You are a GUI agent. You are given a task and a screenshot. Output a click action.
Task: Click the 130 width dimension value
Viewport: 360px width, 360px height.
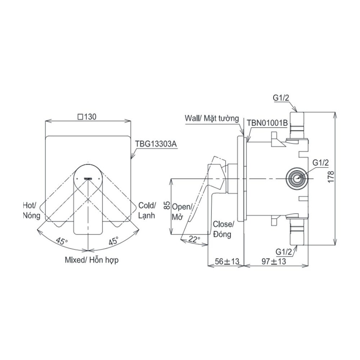pyautogui.click(x=87, y=117)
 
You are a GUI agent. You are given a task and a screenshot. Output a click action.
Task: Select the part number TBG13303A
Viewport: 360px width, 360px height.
pyautogui.click(x=156, y=144)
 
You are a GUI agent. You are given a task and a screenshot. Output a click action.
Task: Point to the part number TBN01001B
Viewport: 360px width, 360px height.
pyautogui.click(x=267, y=123)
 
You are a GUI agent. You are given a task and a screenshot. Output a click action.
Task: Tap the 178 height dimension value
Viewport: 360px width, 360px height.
pyautogui.click(x=331, y=177)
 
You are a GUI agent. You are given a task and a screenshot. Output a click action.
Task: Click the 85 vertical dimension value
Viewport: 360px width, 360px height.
pyautogui.click(x=167, y=205)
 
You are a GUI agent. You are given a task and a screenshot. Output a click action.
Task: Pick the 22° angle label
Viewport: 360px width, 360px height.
pyautogui.click(x=194, y=239)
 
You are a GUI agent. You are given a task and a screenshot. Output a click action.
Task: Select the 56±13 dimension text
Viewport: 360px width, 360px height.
pyautogui.click(x=227, y=261)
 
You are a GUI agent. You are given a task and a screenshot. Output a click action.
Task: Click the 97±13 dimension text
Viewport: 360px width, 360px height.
pyautogui.click(x=274, y=261)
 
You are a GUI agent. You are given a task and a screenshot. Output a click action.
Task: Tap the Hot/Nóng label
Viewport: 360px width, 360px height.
pyautogui.click(x=32, y=210)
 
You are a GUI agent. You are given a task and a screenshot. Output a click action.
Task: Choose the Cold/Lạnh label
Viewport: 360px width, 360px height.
pyautogui.click(x=147, y=210)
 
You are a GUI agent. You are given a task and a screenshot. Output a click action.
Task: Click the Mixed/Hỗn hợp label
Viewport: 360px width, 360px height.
pyautogui.click(x=91, y=260)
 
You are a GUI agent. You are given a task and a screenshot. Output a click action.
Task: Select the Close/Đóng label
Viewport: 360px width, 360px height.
pyautogui.click(x=223, y=229)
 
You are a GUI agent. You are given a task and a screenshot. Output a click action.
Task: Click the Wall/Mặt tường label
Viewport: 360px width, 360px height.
pyautogui.click(x=212, y=119)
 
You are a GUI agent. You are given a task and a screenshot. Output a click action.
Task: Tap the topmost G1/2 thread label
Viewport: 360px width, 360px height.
pyautogui.click(x=281, y=98)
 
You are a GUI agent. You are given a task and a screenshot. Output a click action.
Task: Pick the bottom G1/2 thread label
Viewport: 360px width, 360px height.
pyautogui.click(x=284, y=252)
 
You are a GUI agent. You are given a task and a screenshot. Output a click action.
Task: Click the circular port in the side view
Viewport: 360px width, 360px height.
pyautogui.click(x=296, y=178)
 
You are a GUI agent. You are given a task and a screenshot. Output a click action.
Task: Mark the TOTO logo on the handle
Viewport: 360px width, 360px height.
pyautogui.click(x=88, y=178)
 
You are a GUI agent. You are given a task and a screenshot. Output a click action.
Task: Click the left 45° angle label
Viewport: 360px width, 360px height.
pyautogui.click(x=62, y=241)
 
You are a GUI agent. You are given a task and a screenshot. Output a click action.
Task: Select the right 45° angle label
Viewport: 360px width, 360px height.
pyautogui.click(x=114, y=241)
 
